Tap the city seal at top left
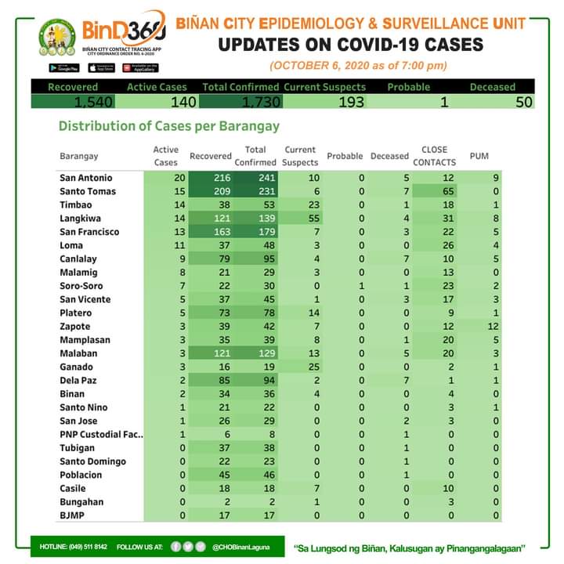pos(58,38)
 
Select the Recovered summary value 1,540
pos(94,102)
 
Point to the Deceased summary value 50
pos(524,102)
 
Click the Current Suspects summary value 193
pos(345,102)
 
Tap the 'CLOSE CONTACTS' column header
pos(434,155)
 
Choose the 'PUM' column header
pos(479,156)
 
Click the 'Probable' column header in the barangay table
pos(345,156)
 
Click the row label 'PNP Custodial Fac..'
pos(101,434)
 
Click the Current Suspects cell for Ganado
pos(311,367)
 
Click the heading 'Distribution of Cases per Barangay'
pos(169,126)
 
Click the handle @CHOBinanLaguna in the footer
pos(240,546)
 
